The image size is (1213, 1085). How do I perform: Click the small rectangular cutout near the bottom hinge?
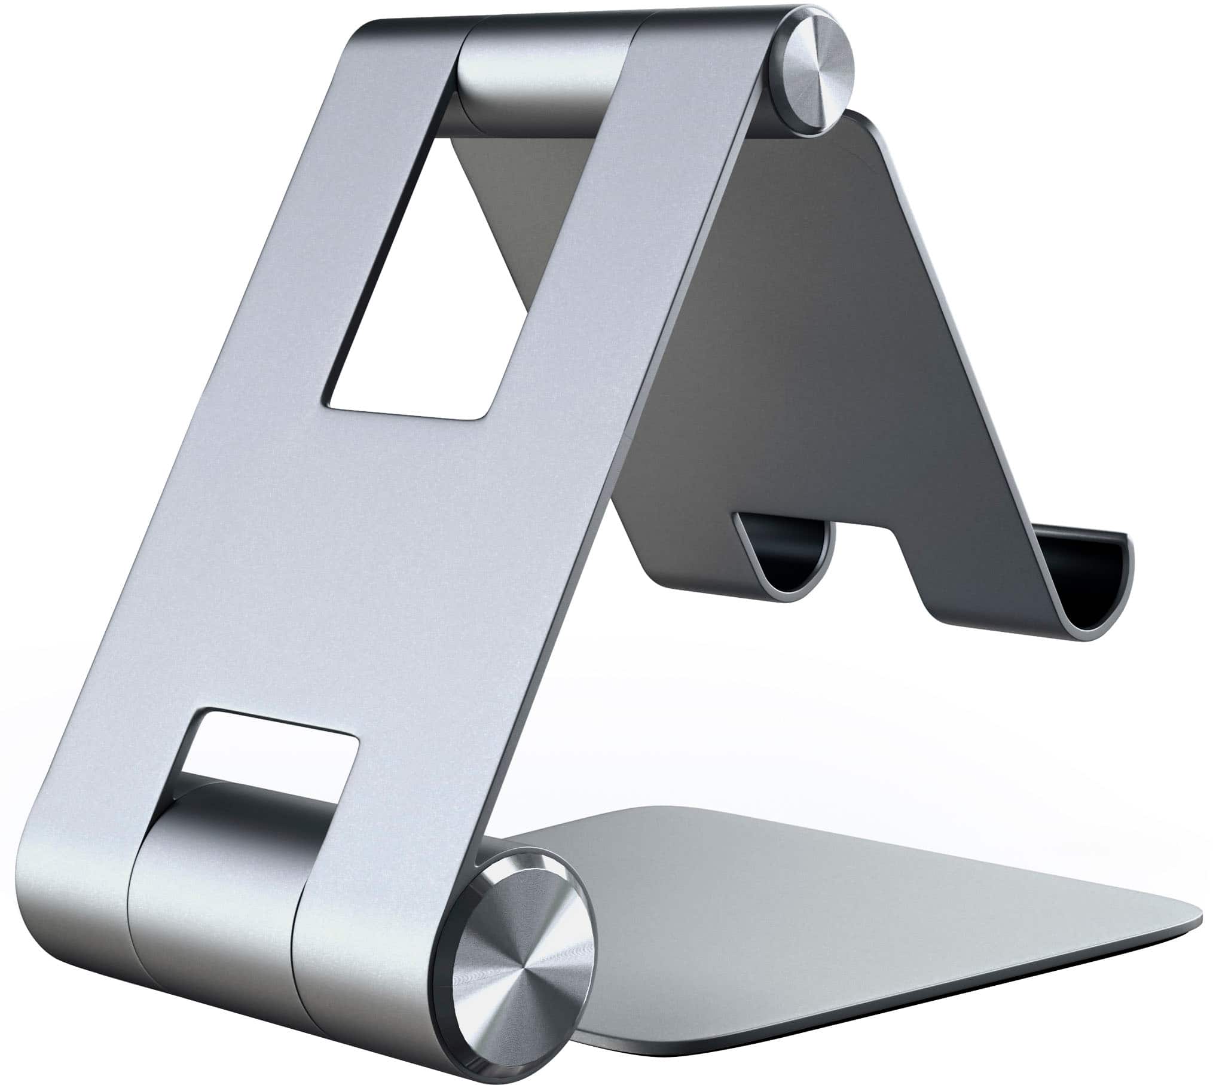point(269,747)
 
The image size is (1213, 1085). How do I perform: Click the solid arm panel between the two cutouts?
point(335,568)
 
